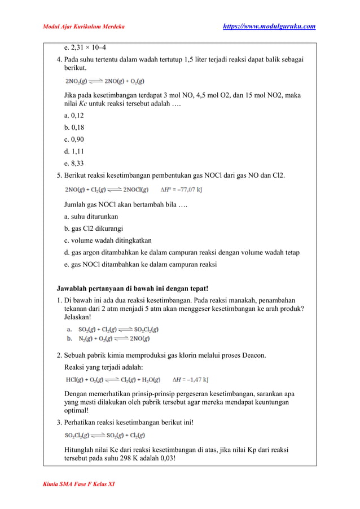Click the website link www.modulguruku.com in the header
point(269,27)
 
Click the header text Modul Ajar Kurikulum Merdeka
point(84,27)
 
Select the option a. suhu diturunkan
point(91,216)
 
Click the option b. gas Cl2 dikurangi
point(94,229)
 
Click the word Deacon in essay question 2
point(252,356)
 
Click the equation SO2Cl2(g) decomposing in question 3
point(104,435)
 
